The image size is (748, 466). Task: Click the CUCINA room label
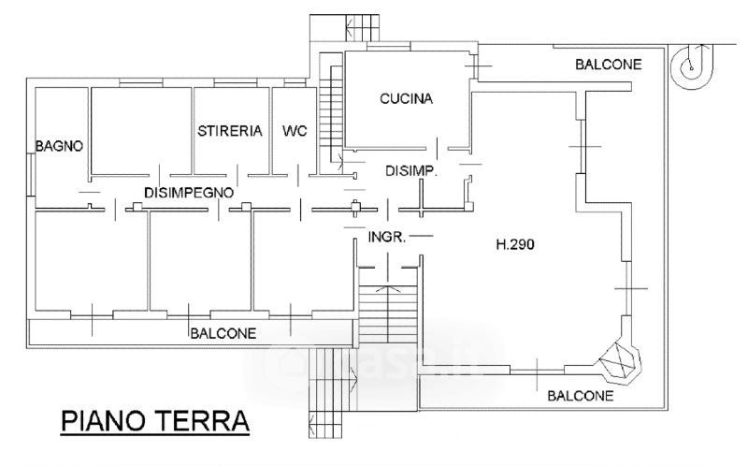[406, 99]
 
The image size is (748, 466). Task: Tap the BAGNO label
[59, 146]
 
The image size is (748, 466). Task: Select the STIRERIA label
[229, 131]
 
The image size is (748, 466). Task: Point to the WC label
[295, 131]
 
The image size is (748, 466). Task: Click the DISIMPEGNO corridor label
[189, 193]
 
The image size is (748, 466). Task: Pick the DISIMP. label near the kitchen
[411, 171]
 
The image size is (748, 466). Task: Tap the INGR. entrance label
[387, 237]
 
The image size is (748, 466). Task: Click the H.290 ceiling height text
[515, 244]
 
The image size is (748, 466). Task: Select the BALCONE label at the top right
[609, 65]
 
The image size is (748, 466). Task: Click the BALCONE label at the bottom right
[580, 396]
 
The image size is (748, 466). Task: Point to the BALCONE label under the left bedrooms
[223, 333]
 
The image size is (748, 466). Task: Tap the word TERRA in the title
[204, 421]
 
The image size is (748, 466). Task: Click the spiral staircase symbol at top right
[692, 67]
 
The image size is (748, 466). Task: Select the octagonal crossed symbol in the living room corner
[619, 360]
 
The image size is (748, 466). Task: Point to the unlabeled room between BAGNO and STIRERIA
[142, 130]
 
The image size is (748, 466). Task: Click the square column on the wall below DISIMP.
[355, 207]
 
